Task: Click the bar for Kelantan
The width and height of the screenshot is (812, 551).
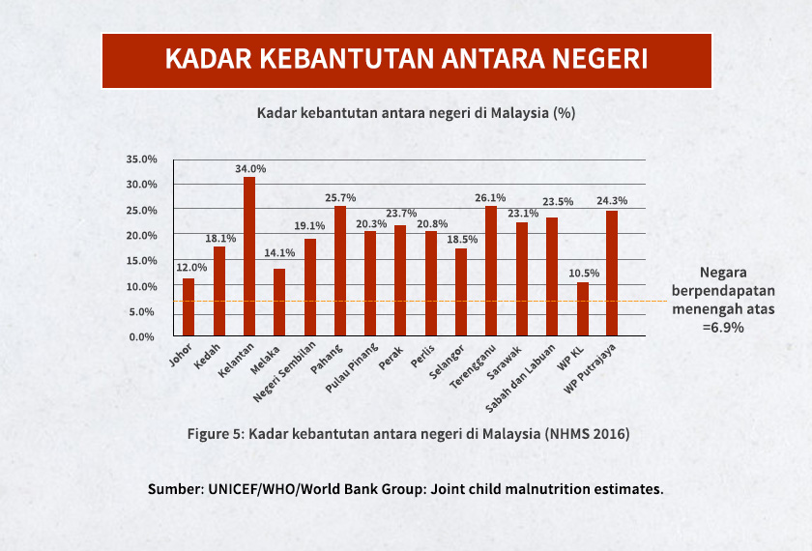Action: click(249, 257)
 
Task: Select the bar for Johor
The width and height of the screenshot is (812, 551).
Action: click(188, 307)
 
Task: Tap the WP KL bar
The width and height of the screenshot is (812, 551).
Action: click(582, 309)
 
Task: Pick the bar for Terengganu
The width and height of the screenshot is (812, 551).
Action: click(491, 272)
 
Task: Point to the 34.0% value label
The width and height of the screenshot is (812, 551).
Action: click(250, 168)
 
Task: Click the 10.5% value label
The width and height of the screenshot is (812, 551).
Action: click(583, 274)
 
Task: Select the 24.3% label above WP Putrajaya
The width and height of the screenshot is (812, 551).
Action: click(612, 201)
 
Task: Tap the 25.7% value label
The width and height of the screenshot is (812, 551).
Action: click(340, 197)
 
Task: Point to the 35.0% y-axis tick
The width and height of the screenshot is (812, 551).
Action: click(141, 159)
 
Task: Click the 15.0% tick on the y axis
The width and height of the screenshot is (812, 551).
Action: click(141, 261)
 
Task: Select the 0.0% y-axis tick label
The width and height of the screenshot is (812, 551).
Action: click(144, 337)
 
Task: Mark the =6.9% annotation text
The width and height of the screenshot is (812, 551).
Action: click(723, 327)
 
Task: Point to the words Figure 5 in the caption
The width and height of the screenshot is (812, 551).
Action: click(214, 434)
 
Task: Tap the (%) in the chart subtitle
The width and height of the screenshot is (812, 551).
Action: click(564, 113)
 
